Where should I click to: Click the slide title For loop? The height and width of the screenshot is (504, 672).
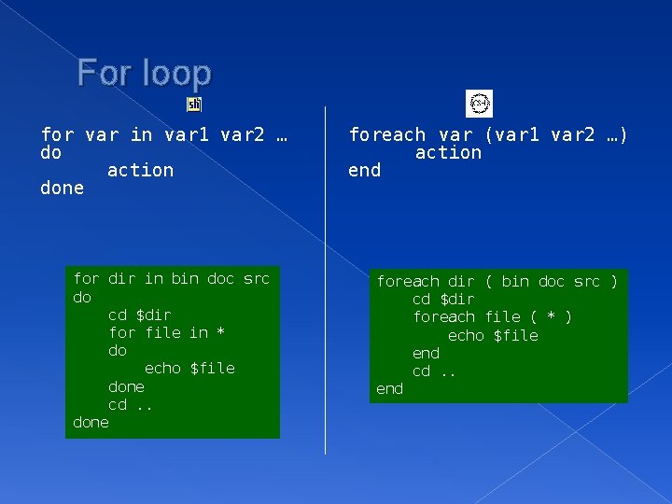click(145, 72)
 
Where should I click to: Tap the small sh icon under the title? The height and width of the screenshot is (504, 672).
click(194, 105)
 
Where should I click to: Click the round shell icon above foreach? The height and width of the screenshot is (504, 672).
click(479, 104)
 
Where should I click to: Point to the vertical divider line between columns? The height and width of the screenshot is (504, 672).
click(325, 280)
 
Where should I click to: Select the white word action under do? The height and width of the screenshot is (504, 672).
click(140, 170)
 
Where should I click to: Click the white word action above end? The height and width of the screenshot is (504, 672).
click(448, 152)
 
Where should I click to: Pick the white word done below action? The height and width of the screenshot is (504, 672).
click(62, 188)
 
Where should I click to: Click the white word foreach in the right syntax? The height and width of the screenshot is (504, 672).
click(386, 134)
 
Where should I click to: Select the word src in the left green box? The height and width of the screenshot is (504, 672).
click(256, 278)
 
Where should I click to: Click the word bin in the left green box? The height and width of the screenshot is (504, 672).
click(185, 278)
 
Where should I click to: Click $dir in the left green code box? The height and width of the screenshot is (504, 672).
click(153, 315)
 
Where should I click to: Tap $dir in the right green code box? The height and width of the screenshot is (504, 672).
click(456, 299)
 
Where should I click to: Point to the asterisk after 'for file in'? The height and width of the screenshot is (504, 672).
click(221, 332)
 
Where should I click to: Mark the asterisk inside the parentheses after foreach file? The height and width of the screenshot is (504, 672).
click(546, 317)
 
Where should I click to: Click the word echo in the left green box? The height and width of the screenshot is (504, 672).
click(162, 368)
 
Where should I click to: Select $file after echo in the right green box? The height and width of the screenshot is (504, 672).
click(515, 335)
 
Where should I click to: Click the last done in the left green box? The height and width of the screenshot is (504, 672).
click(91, 422)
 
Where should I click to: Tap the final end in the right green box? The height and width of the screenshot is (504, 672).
click(389, 388)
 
